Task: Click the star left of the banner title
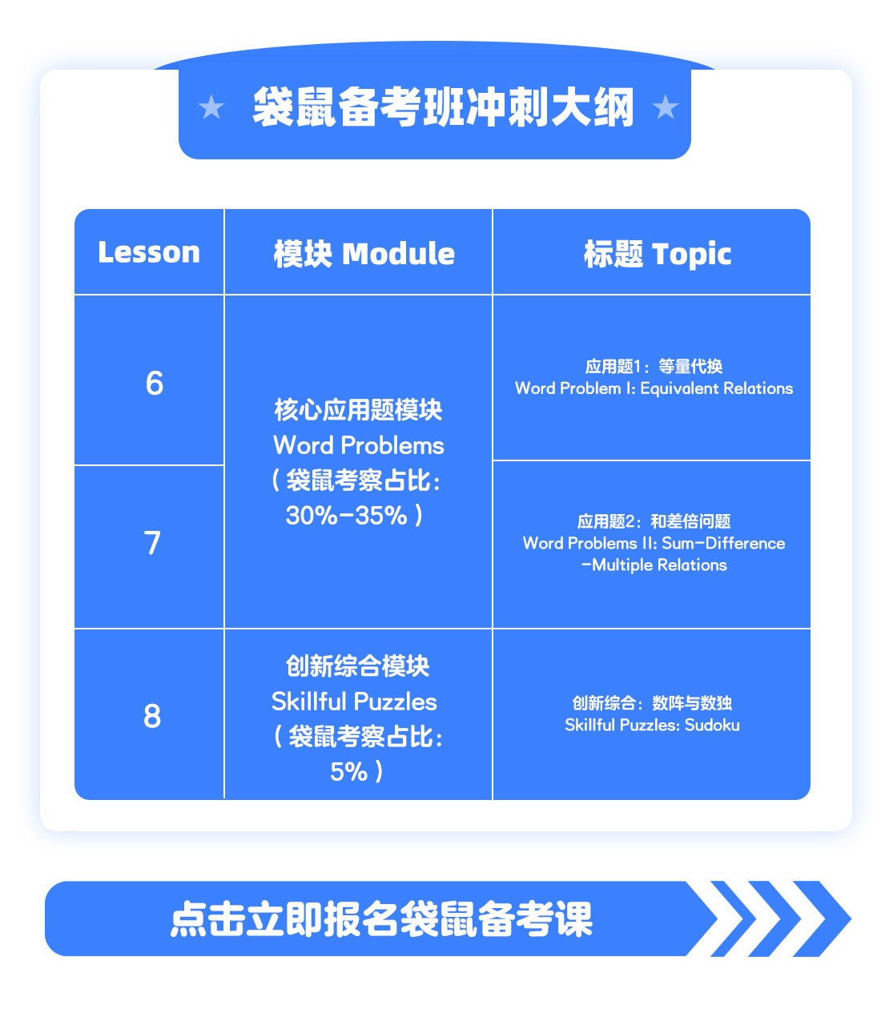coord(211,107)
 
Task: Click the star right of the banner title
coord(665,107)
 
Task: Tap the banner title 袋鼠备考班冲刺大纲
coord(443,107)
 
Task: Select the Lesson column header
coord(149,252)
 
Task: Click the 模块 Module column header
coord(364,253)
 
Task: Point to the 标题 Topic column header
coord(658,254)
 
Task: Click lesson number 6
coord(154,383)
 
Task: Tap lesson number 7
coord(152,542)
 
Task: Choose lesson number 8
coord(152,716)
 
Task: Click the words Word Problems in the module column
coord(358,444)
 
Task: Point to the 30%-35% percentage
coord(347,515)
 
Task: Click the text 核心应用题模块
coord(358,410)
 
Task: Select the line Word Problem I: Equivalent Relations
coord(654,388)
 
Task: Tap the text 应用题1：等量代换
coord(654,366)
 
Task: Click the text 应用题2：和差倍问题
coord(654,521)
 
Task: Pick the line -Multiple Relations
coord(654,565)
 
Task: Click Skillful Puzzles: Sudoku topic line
coord(652,725)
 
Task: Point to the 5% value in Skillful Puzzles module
coord(348,772)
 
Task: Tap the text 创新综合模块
coord(357,665)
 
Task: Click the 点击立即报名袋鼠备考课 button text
coord(381,919)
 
